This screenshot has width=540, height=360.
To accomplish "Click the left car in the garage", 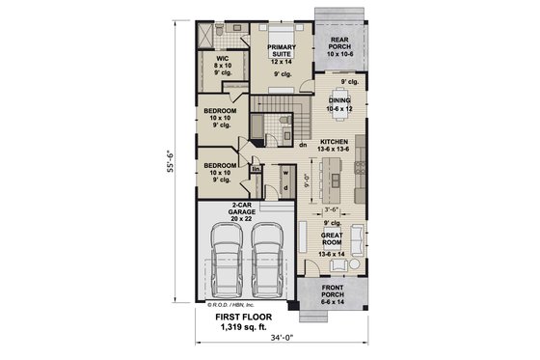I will (225, 263).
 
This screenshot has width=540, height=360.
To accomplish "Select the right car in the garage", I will (266, 263).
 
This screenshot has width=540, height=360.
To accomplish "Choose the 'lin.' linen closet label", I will (256, 169).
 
